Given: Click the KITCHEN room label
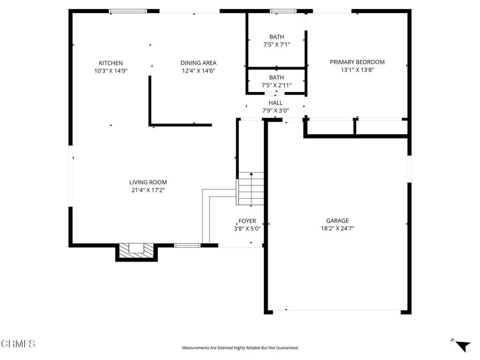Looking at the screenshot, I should coord(111,63).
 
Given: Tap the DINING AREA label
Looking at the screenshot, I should coord(198,63).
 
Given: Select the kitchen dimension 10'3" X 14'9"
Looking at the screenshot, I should coord(111,71).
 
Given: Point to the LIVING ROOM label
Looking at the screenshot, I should coord(148,182).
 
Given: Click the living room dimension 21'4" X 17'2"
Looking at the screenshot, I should coord(148,190).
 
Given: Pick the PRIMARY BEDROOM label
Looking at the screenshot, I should coord(357,62).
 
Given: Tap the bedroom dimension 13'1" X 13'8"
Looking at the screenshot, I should coord(357,70).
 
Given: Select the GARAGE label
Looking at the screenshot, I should coord(337,221).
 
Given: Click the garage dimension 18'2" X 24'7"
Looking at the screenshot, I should coord(337,229).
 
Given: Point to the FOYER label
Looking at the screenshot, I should coord(247,221).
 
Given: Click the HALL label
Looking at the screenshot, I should coord(275,103).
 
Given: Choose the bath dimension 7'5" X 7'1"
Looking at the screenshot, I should coord(276,45).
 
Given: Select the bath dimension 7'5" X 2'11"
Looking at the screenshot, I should coord(276,85).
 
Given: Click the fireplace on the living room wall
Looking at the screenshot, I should coord(136,250).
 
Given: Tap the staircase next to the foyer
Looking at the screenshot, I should coord(251,189).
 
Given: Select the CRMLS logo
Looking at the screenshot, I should coord(18,344).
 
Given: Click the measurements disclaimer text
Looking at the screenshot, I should coord(240,348).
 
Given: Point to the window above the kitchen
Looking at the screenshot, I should coord(128,11).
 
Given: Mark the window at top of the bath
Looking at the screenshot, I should coord(283,11).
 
